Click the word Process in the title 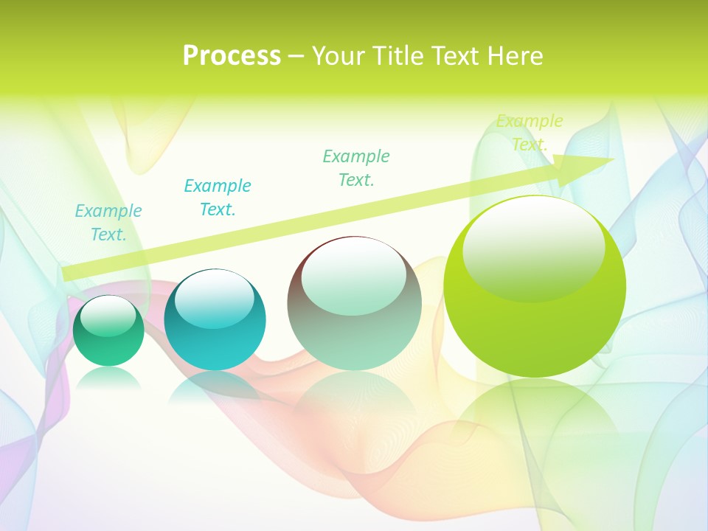pos(232,55)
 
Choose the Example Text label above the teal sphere pos(218,198)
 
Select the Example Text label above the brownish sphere pos(356,167)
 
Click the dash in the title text pos(296,56)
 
